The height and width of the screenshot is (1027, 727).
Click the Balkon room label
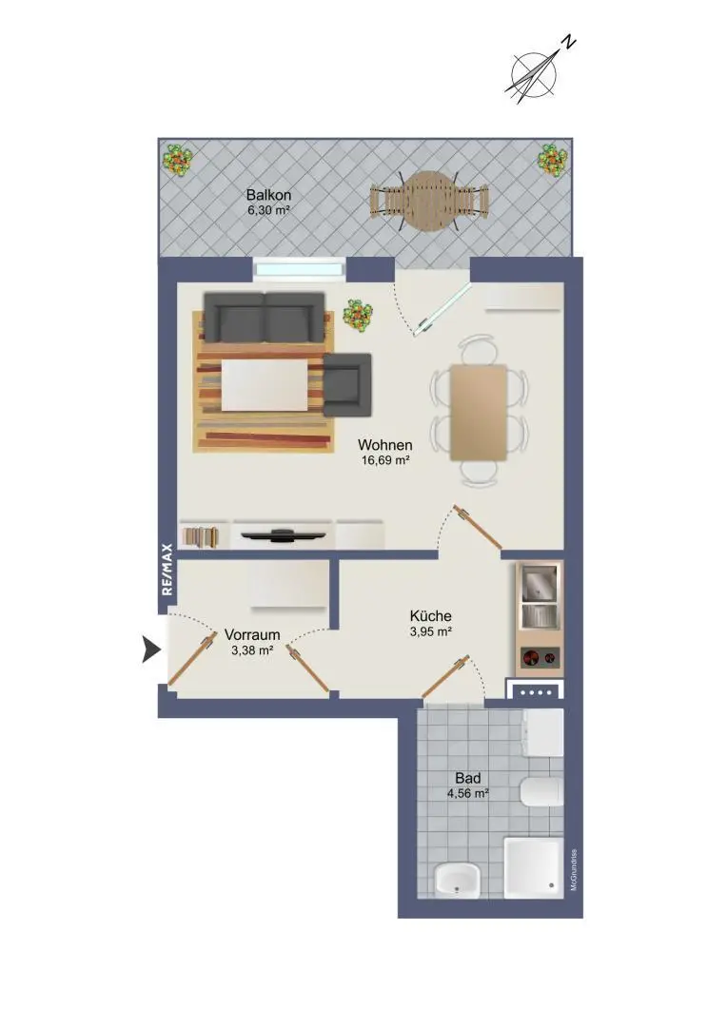[x=268, y=195]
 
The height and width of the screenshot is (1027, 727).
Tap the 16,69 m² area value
[x=385, y=460]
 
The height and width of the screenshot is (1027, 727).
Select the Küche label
[x=431, y=616]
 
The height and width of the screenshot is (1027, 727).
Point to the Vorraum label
[x=252, y=634]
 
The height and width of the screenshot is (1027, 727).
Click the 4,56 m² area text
[x=468, y=794]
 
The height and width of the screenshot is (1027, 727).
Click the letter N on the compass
[x=569, y=43]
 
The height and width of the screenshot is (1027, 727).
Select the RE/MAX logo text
[x=167, y=570]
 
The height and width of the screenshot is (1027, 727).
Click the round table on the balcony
[x=429, y=201]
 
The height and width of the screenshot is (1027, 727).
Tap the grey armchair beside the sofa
[x=347, y=384]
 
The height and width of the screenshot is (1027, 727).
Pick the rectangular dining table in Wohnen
[x=479, y=412]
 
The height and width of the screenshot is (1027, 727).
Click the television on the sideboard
[x=284, y=535]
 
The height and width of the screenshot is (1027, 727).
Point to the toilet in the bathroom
[x=541, y=792]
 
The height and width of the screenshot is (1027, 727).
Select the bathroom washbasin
[x=458, y=880]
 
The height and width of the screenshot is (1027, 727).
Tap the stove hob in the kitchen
[x=540, y=658]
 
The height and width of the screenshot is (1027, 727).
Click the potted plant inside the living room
[x=359, y=316]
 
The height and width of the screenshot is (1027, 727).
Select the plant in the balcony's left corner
[x=177, y=160]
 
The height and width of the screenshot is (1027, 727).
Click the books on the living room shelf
[x=200, y=536]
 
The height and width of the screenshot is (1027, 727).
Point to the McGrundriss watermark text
[x=574, y=870]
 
